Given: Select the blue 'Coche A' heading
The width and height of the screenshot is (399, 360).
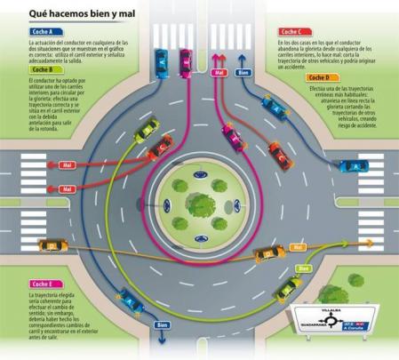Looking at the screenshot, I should [42, 31].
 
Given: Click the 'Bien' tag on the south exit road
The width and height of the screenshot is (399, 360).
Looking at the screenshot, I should [162, 325].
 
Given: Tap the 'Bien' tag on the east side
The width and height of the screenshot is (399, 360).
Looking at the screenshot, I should [302, 267].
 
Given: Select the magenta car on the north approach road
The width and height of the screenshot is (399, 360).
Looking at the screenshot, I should [186, 60].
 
